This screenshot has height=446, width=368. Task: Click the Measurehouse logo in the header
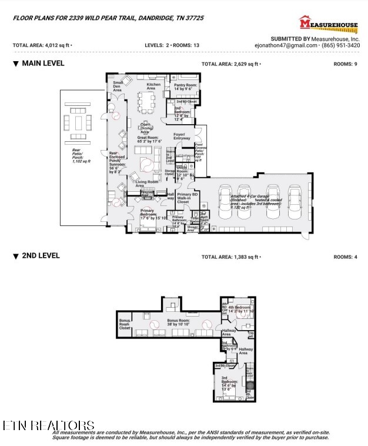point(329,24)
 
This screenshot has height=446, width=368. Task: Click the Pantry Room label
point(186,87)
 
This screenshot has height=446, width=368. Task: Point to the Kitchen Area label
point(153,86)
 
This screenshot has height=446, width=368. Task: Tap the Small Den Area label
point(118,86)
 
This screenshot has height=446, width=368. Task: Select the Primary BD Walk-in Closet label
point(187,198)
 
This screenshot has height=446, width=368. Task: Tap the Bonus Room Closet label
point(124,324)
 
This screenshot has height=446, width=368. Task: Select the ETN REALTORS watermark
point(48,425)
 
